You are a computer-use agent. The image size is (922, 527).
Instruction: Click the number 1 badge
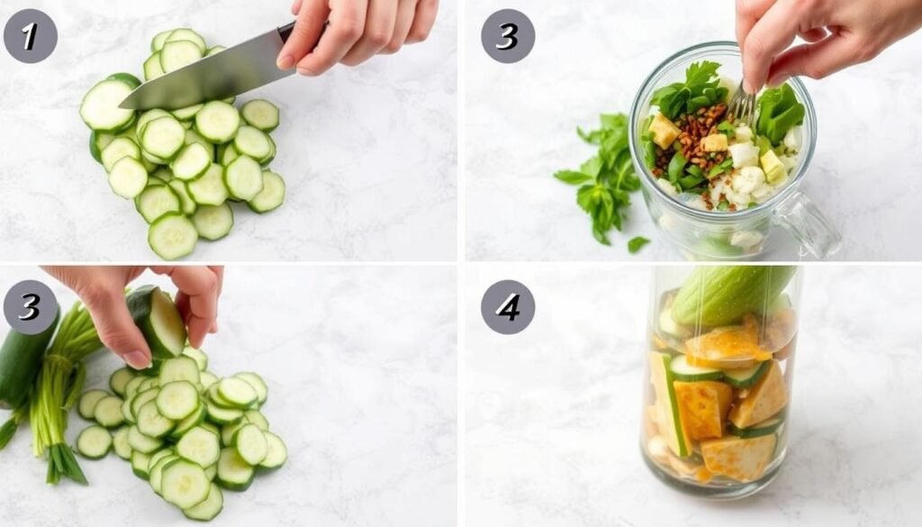tap(30, 36)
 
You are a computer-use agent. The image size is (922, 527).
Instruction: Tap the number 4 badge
tap(508, 307)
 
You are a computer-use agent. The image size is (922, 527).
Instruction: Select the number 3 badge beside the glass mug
tap(508, 36)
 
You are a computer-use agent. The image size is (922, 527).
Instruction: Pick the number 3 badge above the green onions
tap(30, 307)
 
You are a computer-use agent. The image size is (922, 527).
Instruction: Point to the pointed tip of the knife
tap(122, 106)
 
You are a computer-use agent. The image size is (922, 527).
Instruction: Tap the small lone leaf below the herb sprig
tap(637, 243)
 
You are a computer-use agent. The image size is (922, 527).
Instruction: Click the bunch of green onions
tap(59, 387)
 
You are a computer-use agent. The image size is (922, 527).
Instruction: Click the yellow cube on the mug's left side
tap(664, 132)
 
